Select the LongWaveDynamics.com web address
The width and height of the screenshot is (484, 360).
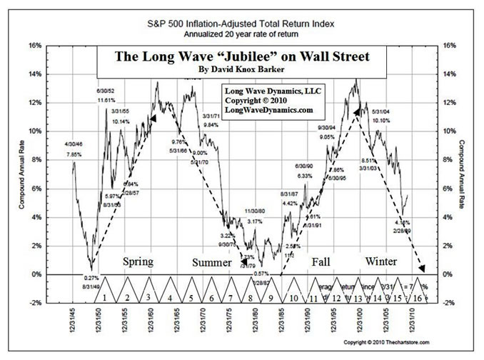coord(267,111)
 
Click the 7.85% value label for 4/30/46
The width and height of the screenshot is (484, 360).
coord(74,154)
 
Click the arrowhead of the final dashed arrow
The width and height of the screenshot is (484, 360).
coord(422,269)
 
